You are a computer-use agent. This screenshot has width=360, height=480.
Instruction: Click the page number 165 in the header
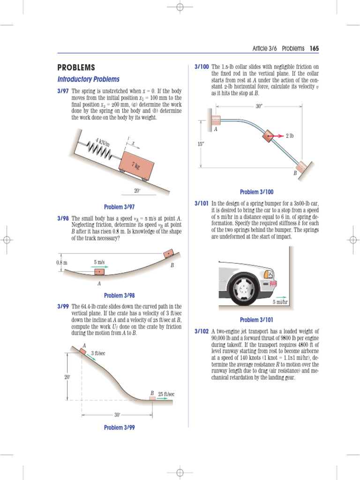[x=314, y=48]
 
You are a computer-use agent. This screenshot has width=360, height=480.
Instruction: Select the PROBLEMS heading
[x=76, y=67]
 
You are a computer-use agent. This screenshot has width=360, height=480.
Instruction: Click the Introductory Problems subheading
[x=88, y=79]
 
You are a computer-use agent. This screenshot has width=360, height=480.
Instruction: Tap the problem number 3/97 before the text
[x=63, y=90]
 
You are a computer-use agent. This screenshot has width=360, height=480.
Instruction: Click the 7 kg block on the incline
[x=137, y=165]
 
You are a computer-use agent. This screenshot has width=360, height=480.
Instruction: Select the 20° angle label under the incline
[x=137, y=191]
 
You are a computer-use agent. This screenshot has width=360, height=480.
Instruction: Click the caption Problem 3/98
[x=119, y=295]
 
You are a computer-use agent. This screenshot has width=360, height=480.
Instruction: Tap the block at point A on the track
[x=99, y=272]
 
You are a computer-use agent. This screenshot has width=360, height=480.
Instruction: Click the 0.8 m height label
[x=62, y=262]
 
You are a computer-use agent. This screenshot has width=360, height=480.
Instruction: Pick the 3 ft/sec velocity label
[x=98, y=353]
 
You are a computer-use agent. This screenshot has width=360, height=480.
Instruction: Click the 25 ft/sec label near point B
[x=166, y=394]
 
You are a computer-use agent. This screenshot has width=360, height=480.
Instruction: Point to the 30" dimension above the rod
[x=259, y=106]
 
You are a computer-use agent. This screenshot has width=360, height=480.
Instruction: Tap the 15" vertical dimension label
[x=201, y=144]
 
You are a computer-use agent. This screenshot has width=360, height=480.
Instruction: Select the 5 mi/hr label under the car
[x=281, y=302]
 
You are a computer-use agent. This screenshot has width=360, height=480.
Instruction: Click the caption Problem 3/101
[x=256, y=320]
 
